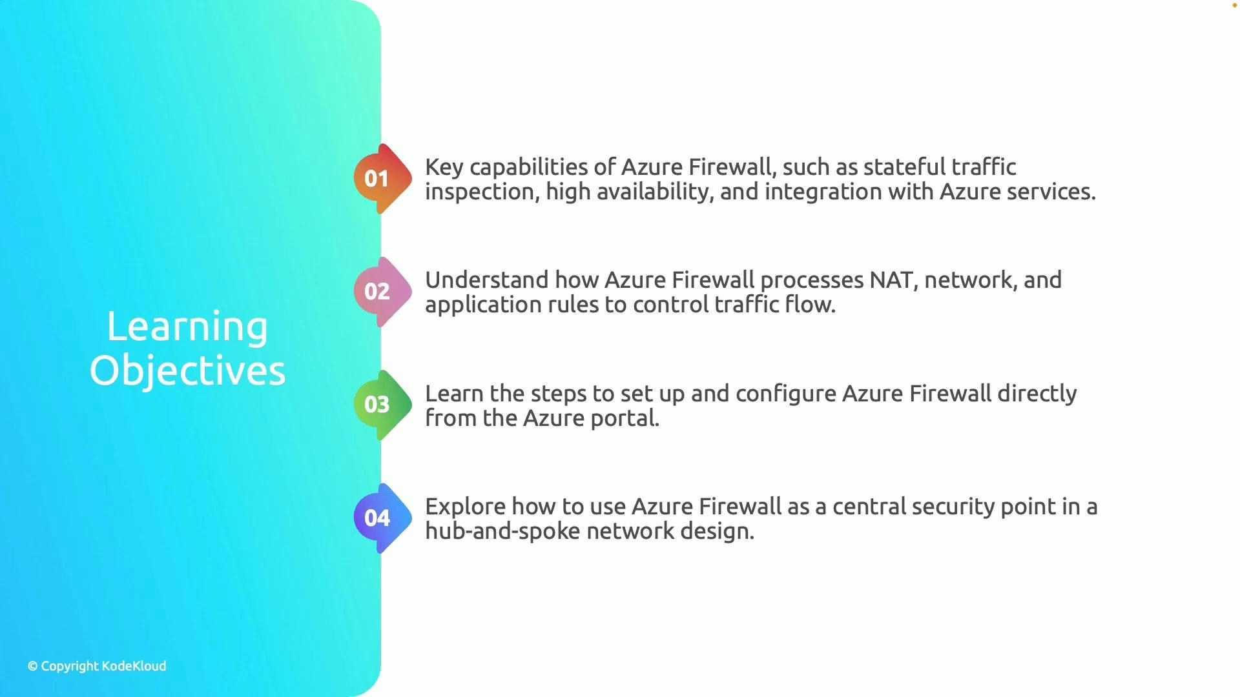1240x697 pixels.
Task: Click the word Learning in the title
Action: click(x=187, y=327)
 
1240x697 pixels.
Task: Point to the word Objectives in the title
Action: click(x=187, y=371)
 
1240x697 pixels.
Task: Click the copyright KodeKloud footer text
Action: click(x=97, y=666)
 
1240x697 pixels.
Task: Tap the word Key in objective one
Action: click(x=444, y=168)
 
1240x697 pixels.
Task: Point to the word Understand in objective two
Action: click(x=486, y=280)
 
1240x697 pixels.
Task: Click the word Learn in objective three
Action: click(x=453, y=394)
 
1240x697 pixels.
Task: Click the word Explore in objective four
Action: click(x=465, y=507)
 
